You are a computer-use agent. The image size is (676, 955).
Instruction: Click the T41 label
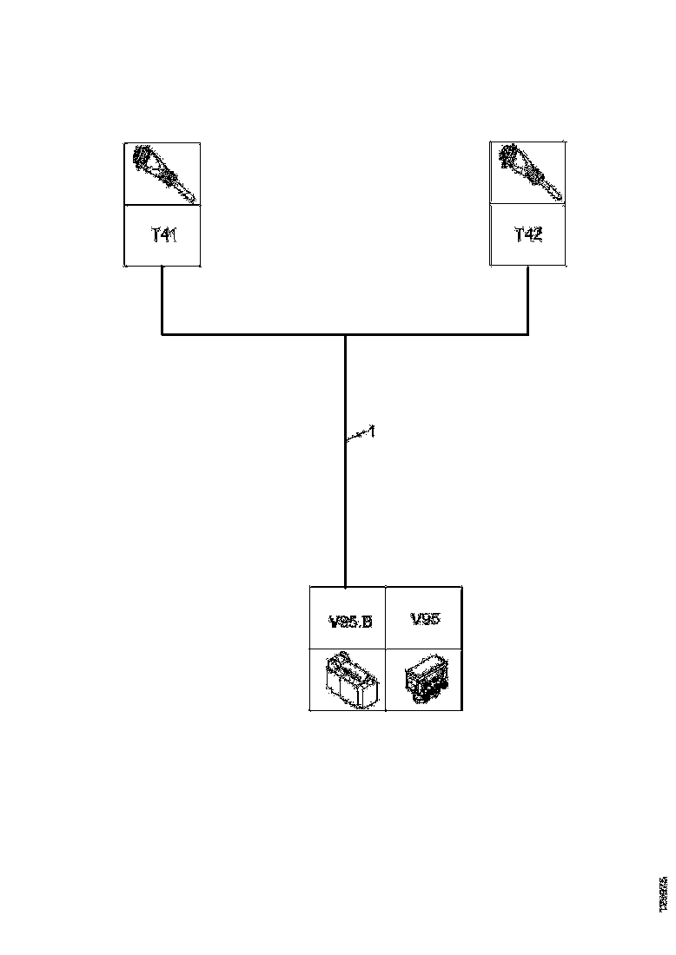163,234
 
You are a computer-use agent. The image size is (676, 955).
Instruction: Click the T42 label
527,234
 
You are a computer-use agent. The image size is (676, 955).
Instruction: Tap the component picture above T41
163,174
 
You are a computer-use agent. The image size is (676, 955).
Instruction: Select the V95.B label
349,621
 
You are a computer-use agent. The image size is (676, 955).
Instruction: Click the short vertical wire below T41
162,300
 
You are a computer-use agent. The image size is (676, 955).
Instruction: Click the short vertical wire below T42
527,300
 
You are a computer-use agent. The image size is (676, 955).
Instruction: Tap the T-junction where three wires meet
345,334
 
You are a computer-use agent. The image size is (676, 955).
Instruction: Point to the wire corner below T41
162,334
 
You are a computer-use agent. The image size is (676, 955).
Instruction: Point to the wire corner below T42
527,334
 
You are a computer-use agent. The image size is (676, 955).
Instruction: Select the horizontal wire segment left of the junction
252,334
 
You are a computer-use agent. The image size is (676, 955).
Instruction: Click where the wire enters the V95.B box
345,587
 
